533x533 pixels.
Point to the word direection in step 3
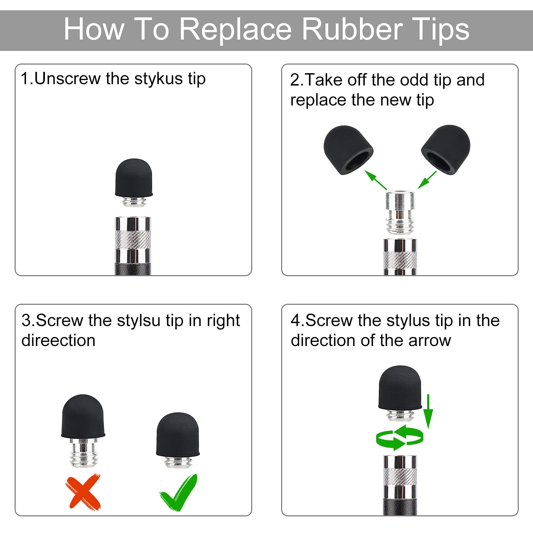click(x=59, y=340)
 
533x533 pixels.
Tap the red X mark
click(x=83, y=492)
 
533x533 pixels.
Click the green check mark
click(x=179, y=493)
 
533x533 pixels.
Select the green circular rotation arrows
click(x=400, y=438)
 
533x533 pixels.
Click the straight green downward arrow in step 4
click(x=428, y=412)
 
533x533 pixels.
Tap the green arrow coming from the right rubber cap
click(x=427, y=180)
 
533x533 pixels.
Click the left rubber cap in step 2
click(x=348, y=150)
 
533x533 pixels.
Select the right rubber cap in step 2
click(x=446, y=149)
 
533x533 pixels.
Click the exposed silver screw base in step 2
click(x=400, y=212)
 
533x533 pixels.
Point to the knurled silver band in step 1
click(x=133, y=240)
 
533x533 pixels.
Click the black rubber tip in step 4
click(x=400, y=388)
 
